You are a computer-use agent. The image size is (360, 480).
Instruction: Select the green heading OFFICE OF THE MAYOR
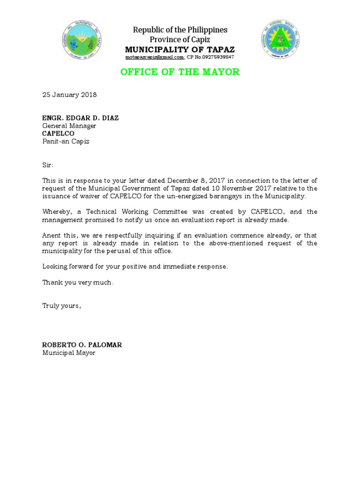tap(180, 72)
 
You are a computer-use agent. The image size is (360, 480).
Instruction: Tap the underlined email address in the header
tap(155, 57)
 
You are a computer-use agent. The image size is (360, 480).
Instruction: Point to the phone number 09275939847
tap(216, 57)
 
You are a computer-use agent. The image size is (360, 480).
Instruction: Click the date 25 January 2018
tap(69, 95)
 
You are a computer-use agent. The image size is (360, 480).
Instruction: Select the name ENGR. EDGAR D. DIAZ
tap(81, 118)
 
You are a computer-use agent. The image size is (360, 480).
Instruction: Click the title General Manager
tap(69, 126)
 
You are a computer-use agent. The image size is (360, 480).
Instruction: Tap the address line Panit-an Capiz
tap(66, 142)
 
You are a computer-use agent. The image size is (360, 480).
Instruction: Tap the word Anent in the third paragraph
tap(52, 235)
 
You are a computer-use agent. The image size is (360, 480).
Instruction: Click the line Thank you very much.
tap(78, 282)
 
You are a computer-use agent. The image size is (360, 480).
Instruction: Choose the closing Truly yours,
tap(62, 306)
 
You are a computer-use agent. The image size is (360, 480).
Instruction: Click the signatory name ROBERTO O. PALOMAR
tap(82, 345)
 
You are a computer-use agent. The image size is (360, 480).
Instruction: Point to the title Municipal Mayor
tap(69, 352)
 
